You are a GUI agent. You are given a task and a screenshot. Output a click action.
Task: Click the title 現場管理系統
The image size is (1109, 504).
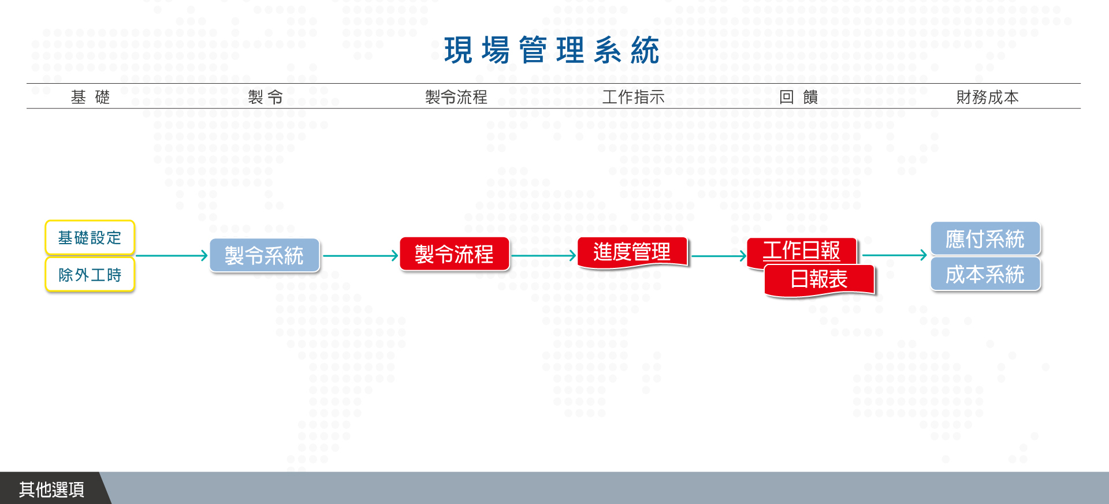[552, 50]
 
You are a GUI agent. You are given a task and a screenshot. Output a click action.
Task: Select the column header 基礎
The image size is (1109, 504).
[90, 97]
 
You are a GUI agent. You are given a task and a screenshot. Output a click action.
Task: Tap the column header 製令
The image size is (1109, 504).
[266, 97]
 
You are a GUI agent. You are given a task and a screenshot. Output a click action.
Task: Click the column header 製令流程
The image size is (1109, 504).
[456, 97]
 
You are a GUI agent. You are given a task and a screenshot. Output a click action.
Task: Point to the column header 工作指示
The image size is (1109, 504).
[634, 97]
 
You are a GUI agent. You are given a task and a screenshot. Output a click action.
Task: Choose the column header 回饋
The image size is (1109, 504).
[799, 97]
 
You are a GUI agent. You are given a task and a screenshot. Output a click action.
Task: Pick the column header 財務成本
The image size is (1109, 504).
[988, 97]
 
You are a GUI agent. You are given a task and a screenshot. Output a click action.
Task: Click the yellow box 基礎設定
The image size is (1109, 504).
[90, 237]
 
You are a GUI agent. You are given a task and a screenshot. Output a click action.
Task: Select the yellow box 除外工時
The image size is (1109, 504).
[90, 275]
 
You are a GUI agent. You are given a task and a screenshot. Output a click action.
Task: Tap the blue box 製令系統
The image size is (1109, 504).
[265, 255]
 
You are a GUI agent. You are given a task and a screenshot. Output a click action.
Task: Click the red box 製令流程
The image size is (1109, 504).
[455, 254]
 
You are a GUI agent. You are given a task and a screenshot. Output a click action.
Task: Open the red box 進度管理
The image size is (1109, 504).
[632, 252]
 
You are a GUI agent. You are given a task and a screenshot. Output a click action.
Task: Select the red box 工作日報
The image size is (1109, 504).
[802, 251]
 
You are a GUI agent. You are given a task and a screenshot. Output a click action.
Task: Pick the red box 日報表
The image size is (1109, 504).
[819, 280]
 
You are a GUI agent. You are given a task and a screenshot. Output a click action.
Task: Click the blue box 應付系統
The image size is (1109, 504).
[985, 238]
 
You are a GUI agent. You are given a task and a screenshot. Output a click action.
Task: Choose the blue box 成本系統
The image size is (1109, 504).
[985, 274]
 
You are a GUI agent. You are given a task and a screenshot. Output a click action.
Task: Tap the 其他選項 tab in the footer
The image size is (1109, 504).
[52, 489]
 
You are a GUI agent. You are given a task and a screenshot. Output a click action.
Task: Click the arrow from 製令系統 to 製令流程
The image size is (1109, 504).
[360, 255]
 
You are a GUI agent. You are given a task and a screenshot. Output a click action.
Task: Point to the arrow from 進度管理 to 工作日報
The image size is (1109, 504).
[719, 255]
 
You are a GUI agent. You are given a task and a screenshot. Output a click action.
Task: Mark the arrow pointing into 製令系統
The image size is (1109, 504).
[172, 255]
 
